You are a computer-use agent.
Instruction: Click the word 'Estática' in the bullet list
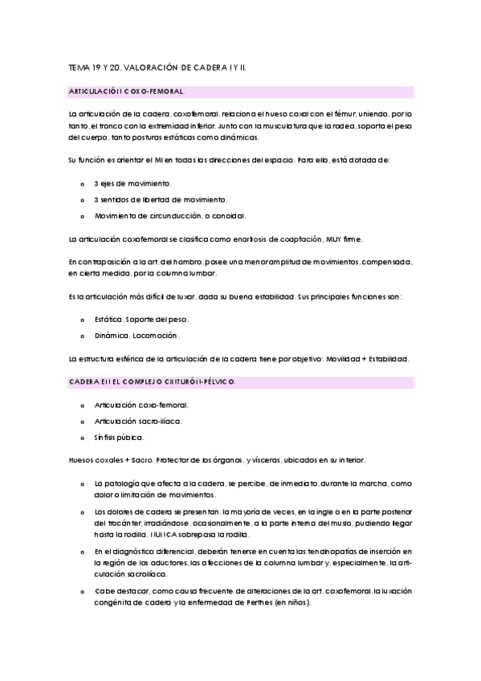pyautogui.click(x=109, y=319)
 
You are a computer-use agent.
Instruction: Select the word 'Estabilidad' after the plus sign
pyautogui.click(x=385, y=358)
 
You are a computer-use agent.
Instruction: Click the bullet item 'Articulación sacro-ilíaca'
pyautogui.click(x=137, y=421)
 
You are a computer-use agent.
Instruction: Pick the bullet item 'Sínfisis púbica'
pyautogui.click(x=119, y=437)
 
